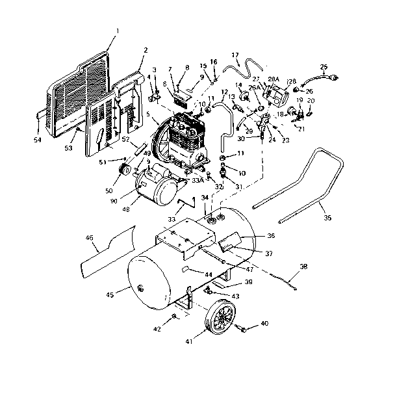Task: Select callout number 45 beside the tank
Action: click(x=110, y=295)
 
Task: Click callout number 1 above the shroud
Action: click(x=118, y=30)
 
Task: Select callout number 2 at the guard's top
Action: click(x=146, y=49)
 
